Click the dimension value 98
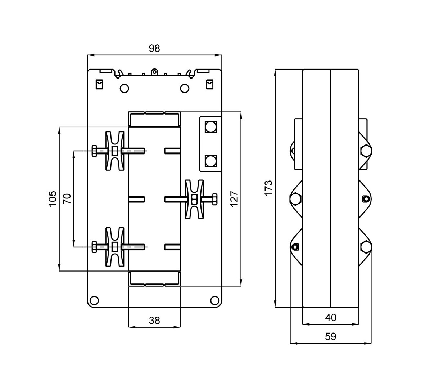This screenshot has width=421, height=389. pos(154,48)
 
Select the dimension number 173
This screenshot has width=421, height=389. pos(269,188)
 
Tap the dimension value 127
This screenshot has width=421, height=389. pos(234,198)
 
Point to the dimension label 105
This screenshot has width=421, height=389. pos(53,198)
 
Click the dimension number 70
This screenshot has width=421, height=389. pos(67,198)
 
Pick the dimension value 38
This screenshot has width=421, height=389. pos(154,321)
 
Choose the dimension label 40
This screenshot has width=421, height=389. pos(331,317)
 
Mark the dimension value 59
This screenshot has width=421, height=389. pos(331,336)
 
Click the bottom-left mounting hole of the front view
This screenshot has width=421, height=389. pos(94,300)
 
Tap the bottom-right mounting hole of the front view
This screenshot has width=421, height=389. pos(215,300)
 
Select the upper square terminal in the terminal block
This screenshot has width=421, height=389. pos(210,127)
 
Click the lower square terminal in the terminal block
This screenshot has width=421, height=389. pos(210,161)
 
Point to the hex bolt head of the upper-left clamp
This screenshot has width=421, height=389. pos(94,151)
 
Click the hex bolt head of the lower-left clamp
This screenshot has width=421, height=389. pos(94,247)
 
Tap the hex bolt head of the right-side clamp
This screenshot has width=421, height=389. pos(214,199)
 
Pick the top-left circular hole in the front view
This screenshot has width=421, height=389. pos(124,88)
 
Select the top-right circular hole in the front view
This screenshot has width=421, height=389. pos(185,88)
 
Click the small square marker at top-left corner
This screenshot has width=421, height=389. pos(99,84)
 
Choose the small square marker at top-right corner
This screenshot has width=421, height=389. pos(209,84)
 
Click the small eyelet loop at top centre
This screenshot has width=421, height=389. pos(154,72)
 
